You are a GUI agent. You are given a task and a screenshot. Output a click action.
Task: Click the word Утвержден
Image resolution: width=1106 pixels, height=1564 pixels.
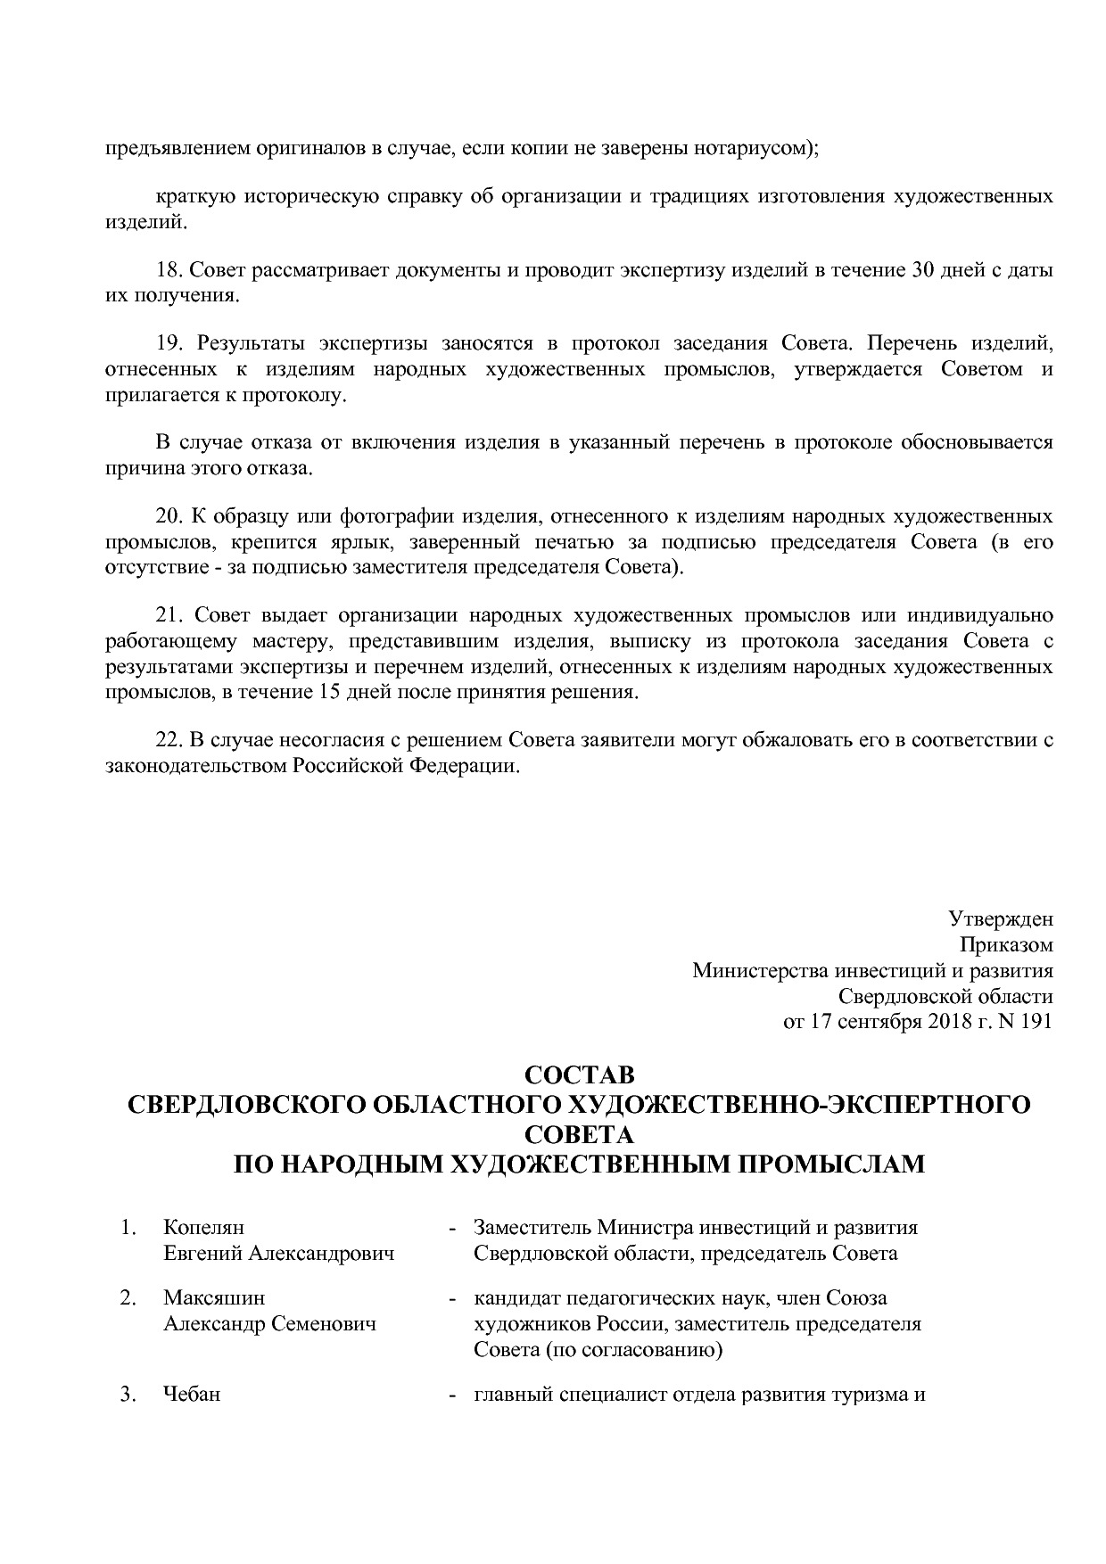(x=1000, y=918)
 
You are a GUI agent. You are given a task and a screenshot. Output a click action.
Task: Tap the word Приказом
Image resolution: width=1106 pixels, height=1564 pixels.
(x=1006, y=944)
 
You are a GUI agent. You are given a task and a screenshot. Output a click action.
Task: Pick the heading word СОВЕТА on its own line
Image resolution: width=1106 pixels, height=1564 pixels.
(x=579, y=1134)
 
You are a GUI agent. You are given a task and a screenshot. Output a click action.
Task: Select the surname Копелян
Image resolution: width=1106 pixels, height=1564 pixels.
(x=203, y=1228)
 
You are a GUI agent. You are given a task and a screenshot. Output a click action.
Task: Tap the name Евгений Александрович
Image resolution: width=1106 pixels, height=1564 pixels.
(x=278, y=1254)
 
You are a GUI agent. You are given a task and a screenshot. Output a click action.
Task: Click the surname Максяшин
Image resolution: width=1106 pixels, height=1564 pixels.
(x=214, y=1298)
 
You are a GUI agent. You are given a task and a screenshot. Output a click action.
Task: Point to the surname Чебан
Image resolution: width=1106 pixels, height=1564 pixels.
(x=191, y=1395)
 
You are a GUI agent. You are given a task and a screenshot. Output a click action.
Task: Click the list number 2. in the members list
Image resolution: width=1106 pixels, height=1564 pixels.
(x=128, y=1298)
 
